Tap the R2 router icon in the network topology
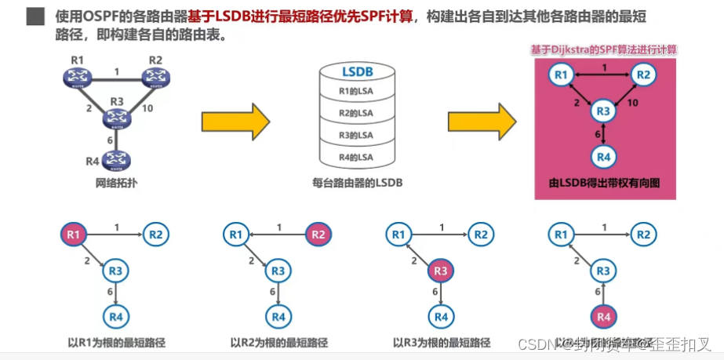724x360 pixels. point(155,77)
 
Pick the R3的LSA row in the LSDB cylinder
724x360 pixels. point(356,135)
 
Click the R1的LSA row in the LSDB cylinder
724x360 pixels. point(356,92)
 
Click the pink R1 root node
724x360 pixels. point(74,234)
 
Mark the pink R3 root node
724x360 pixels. point(441,271)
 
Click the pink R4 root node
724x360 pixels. point(602,317)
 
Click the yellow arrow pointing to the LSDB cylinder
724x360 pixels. point(235,122)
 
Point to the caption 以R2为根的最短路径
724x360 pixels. point(279,343)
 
